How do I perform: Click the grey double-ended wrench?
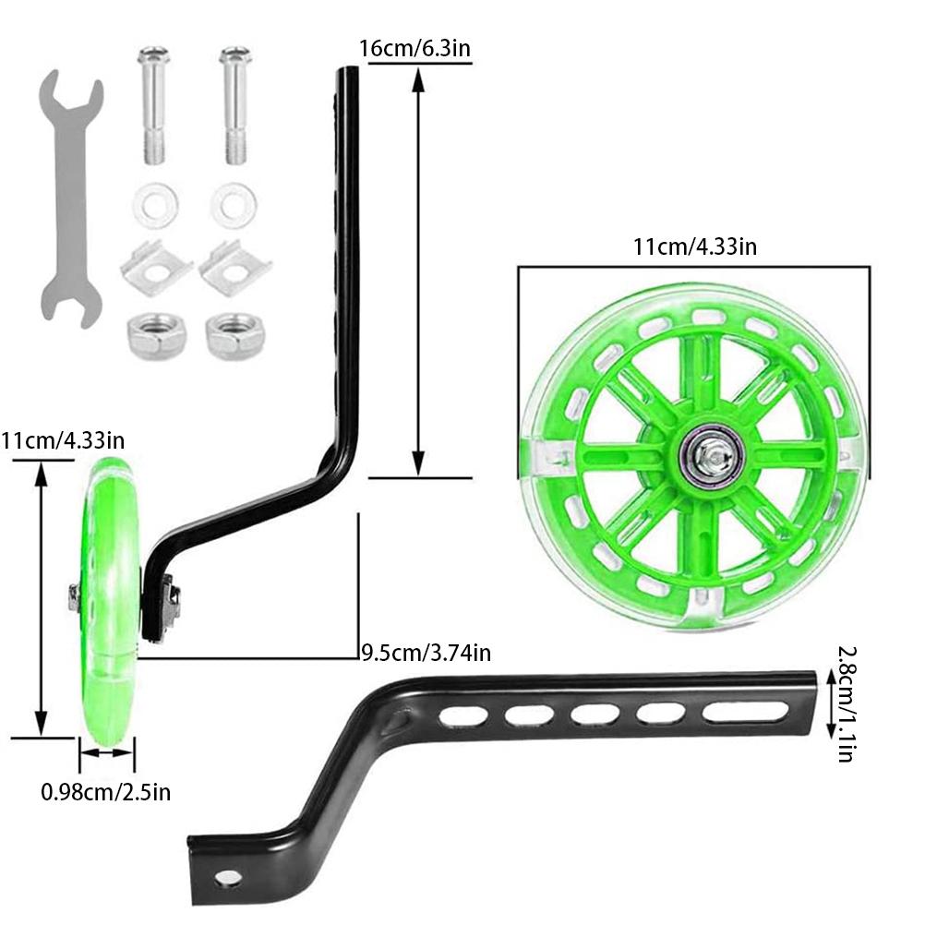click(71, 200)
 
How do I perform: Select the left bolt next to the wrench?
click(153, 105)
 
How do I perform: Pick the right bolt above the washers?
click(235, 105)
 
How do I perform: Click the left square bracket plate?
click(156, 269)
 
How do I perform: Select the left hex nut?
click(156, 337)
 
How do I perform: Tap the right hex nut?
click(234, 336)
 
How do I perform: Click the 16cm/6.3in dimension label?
click(415, 48)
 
